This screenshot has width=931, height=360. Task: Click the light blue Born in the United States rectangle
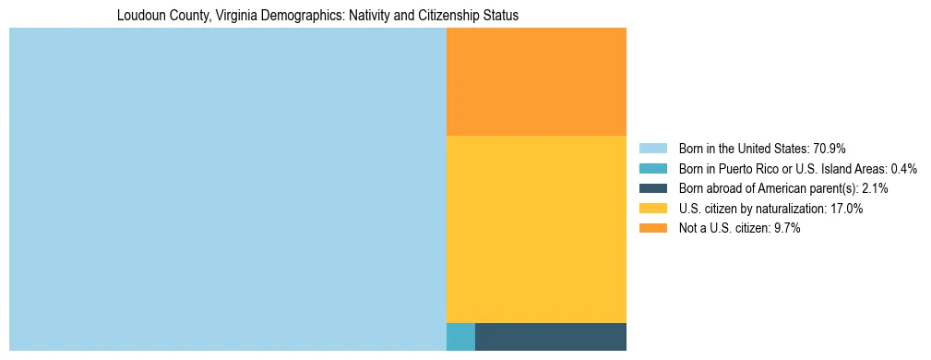click(x=227, y=189)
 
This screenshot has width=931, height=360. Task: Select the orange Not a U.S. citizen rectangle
click(x=536, y=81)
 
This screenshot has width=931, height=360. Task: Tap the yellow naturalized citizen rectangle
click(x=536, y=229)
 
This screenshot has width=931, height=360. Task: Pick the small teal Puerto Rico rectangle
click(x=460, y=337)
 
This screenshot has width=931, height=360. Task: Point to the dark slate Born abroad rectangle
click(x=551, y=337)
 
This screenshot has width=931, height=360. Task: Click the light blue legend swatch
click(x=652, y=149)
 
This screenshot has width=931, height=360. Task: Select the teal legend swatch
click(x=652, y=169)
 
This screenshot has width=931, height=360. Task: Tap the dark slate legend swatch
click(x=652, y=188)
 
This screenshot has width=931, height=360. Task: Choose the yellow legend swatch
click(x=652, y=209)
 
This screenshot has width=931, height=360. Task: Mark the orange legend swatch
click(x=652, y=228)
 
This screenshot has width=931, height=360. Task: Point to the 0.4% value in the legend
click(x=904, y=169)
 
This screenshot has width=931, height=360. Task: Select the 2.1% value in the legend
click(x=875, y=188)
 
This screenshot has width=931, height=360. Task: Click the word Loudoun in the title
click(x=139, y=16)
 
